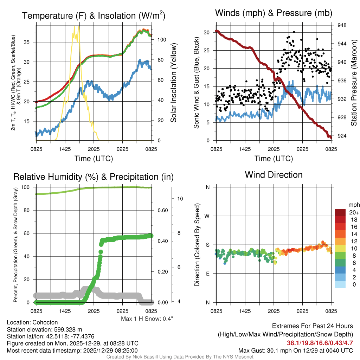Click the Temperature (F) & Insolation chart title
(x=94, y=16)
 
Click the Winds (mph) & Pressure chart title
(x=274, y=13)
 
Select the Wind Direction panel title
(x=274, y=175)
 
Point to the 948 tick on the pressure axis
(x=342, y=25)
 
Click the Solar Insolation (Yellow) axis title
(x=174, y=83)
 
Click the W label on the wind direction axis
(x=208, y=216)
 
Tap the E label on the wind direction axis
(x=208, y=274)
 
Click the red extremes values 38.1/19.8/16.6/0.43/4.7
(x=320, y=343)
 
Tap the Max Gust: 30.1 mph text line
(x=295, y=350)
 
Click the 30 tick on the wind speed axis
(x=207, y=32)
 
